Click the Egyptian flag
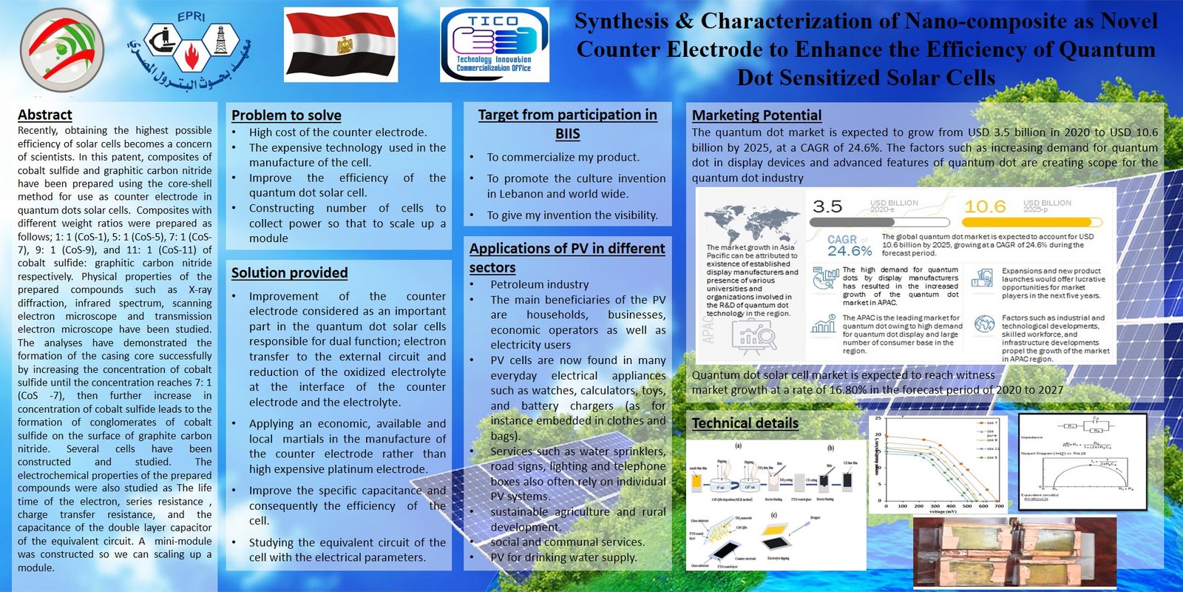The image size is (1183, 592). pyautogui.click(x=341, y=44)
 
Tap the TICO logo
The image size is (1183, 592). pyautogui.click(x=494, y=44)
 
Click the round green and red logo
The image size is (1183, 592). pyautogui.click(x=62, y=50)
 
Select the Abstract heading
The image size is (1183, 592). pyautogui.click(x=45, y=115)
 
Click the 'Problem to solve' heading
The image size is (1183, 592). pyautogui.click(x=286, y=115)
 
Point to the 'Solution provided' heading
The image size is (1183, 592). pyautogui.click(x=289, y=272)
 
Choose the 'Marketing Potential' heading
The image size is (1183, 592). pyautogui.click(x=756, y=115)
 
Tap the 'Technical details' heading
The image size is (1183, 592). pyautogui.click(x=745, y=423)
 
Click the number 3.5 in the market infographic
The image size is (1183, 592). pyautogui.click(x=827, y=206)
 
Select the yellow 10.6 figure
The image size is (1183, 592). pyautogui.click(x=985, y=206)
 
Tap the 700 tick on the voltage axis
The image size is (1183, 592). pyautogui.click(x=999, y=506)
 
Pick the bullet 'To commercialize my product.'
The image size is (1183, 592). pyautogui.click(x=563, y=158)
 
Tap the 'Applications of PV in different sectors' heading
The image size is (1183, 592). pyautogui.click(x=567, y=258)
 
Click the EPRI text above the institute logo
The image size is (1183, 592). pyautogui.click(x=191, y=17)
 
